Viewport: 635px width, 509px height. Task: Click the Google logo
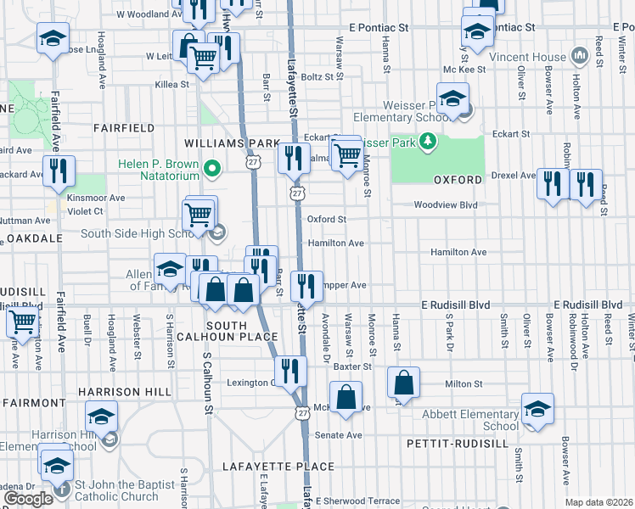(28, 499)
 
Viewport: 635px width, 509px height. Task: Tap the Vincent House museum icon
(581, 55)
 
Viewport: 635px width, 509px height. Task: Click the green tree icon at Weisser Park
(430, 143)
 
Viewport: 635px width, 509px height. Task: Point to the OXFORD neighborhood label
(458, 181)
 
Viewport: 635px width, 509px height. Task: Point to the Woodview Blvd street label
(447, 204)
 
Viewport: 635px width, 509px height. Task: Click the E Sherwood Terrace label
(357, 501)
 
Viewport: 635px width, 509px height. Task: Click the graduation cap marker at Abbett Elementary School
(537, 409)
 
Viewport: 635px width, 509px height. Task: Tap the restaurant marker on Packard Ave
(59, 170)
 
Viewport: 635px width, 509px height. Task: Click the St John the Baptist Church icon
(59, 489)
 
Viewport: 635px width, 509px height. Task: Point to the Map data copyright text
(598, 502)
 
